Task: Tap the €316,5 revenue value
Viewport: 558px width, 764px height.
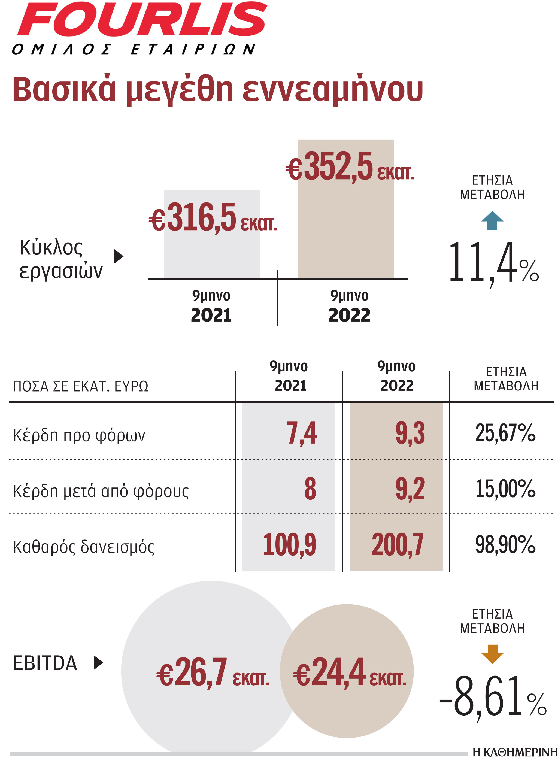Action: pos(213,218)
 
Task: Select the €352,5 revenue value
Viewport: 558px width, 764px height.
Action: pos(350,167)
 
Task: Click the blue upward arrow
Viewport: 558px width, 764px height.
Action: pos(492,220)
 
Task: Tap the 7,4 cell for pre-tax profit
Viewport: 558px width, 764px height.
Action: pos(301,433)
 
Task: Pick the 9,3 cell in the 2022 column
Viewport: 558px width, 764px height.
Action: pos(410,433)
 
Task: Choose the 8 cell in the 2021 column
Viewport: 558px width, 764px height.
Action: pos(310,489)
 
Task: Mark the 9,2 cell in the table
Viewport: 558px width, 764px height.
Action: pos(410,489)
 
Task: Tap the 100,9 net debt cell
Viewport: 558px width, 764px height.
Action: pos(289,544)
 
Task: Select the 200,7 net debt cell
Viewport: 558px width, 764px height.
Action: pos(398,544)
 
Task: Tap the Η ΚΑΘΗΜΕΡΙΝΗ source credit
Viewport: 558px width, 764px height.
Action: pos(514,752)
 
